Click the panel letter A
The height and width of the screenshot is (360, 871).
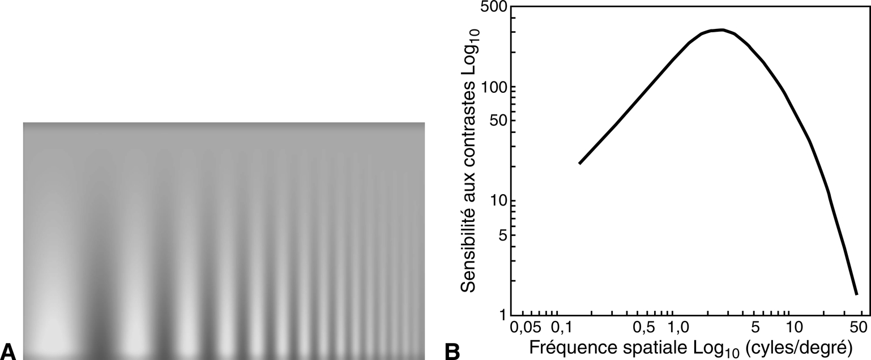point(10,350)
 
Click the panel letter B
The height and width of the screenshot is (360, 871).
point(452,350)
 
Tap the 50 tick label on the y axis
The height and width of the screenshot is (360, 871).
point(496,121)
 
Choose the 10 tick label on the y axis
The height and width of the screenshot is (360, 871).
point(496,201)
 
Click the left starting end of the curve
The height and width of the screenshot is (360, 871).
point(579,164)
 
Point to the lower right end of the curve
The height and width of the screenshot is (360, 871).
point(856,294)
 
